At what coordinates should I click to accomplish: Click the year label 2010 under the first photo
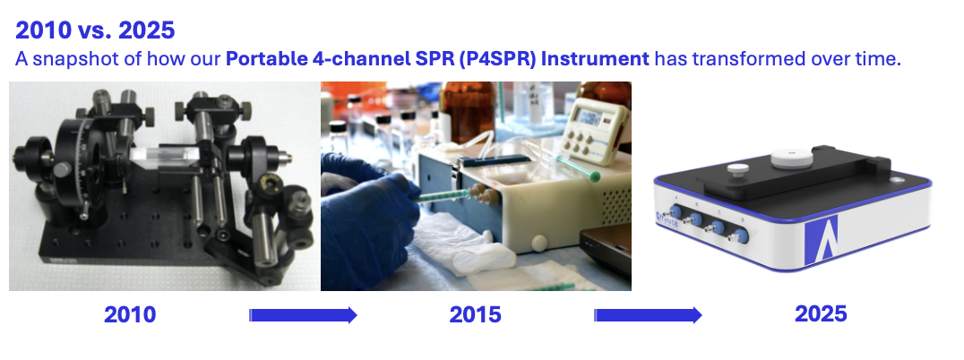tap(130, 315)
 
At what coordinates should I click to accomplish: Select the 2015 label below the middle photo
tap(475, 315)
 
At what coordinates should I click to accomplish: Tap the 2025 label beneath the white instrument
tap(820, 314)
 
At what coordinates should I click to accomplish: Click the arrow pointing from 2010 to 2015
tap(303, 315)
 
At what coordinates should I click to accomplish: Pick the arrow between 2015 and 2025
tap(648, 315)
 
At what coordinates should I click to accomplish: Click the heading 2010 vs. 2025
tap(95, 30)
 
